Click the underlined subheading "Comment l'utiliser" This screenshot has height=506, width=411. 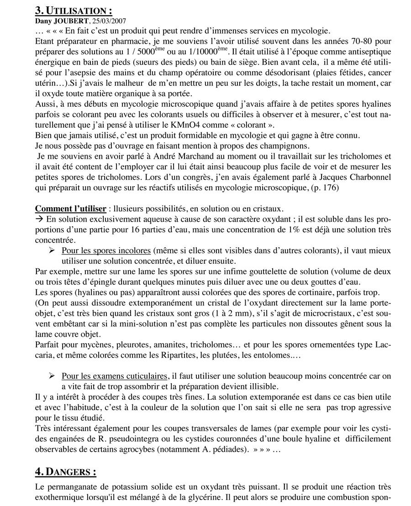[x=70, y=209]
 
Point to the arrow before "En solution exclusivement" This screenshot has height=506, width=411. [x=40, y=219]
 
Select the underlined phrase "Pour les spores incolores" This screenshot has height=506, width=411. [x=106, y=251]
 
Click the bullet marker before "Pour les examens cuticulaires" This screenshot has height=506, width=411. [x=52, y=376]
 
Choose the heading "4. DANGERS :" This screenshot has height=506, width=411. [x=66, y=471]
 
